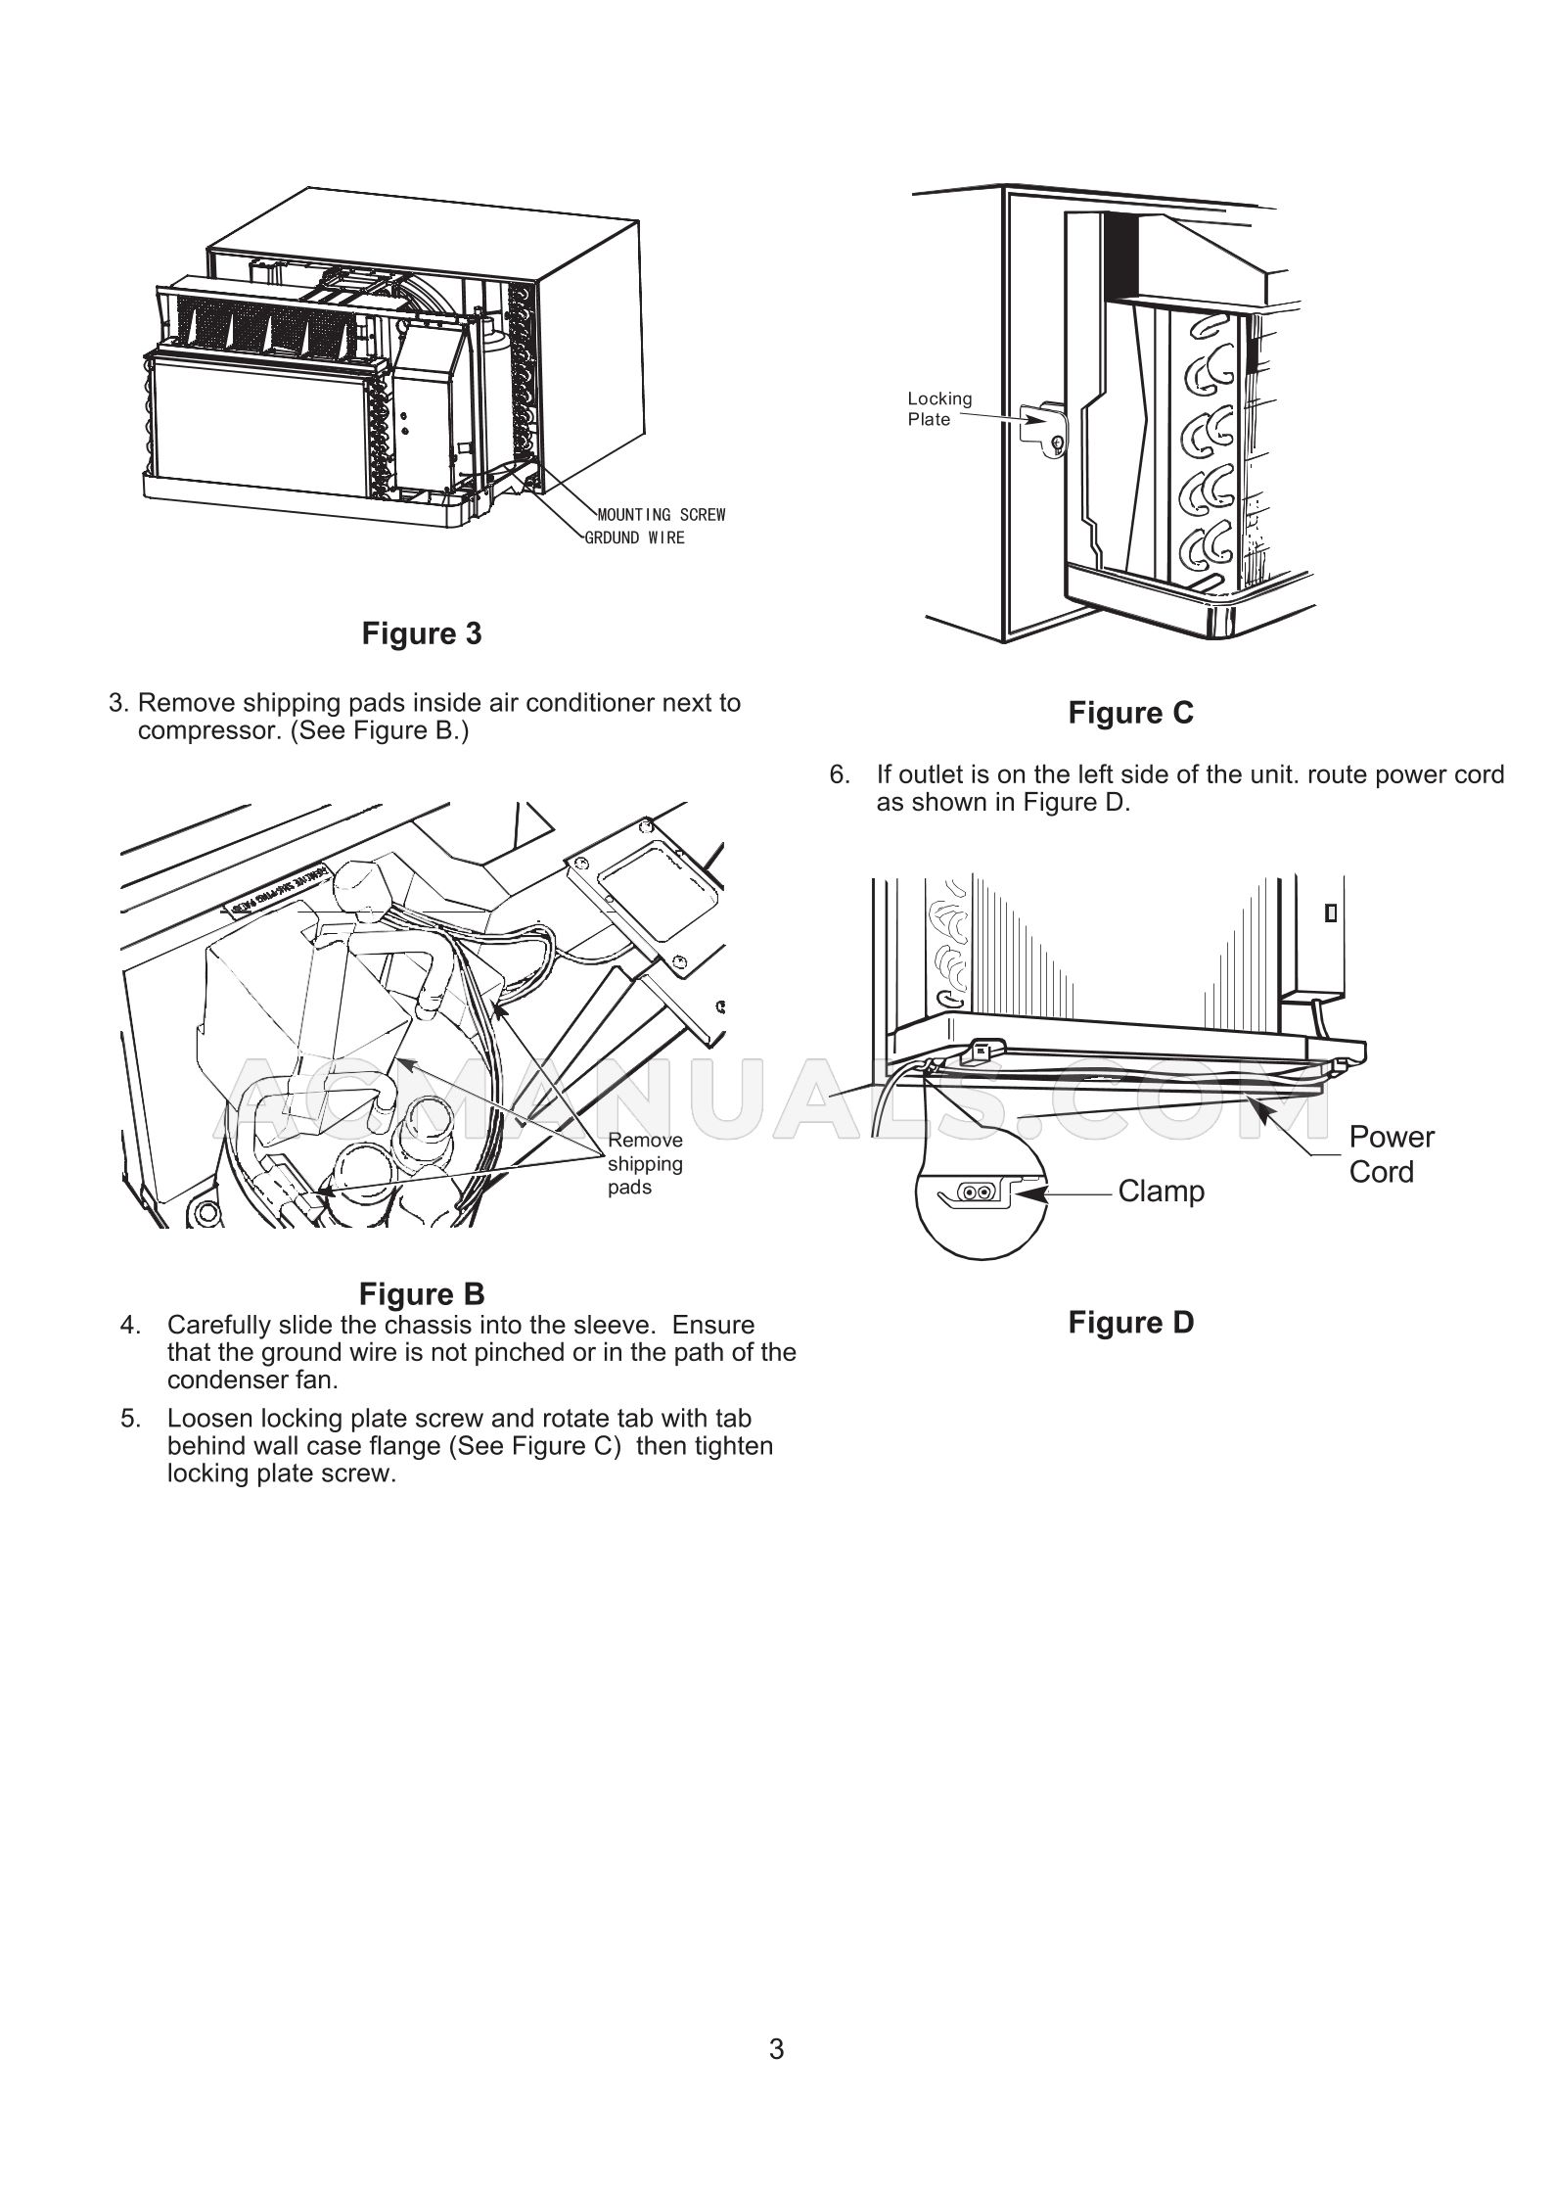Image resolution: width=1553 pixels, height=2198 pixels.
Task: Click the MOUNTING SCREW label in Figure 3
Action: tap(662, 515)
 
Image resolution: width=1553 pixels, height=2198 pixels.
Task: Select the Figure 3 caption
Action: tap(422, 633)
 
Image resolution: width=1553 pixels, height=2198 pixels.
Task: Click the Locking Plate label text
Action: tap(939, 409)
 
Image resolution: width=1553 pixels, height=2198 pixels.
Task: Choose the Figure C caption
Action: tap(1130, 713)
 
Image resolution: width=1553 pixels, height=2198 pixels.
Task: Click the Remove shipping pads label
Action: tap(645, 1164)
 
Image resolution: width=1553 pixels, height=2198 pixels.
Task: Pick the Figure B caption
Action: tap(422, 1294)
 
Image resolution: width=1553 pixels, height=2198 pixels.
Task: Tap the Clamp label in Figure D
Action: tap(1161, 1192)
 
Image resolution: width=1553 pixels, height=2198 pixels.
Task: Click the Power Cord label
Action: tap(1391, 1154)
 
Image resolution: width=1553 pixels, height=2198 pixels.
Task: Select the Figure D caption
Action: tap(1130, 1323)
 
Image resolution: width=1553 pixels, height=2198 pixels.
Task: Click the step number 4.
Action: tap(130, 1326)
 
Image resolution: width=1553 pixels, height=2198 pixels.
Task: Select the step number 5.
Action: tap(130, 1419)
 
